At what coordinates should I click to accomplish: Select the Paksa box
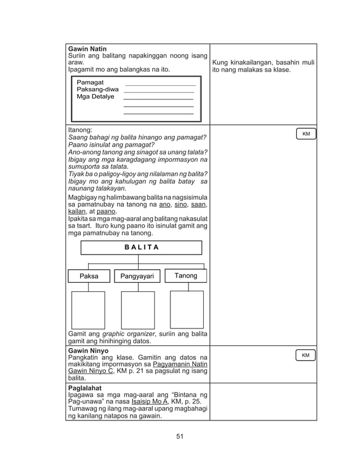89,276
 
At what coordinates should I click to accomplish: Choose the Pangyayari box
138,276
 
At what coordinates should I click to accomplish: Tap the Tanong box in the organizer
186,275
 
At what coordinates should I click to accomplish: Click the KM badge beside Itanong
306,134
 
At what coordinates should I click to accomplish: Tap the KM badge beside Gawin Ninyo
306,356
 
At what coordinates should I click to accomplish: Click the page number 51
179,436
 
